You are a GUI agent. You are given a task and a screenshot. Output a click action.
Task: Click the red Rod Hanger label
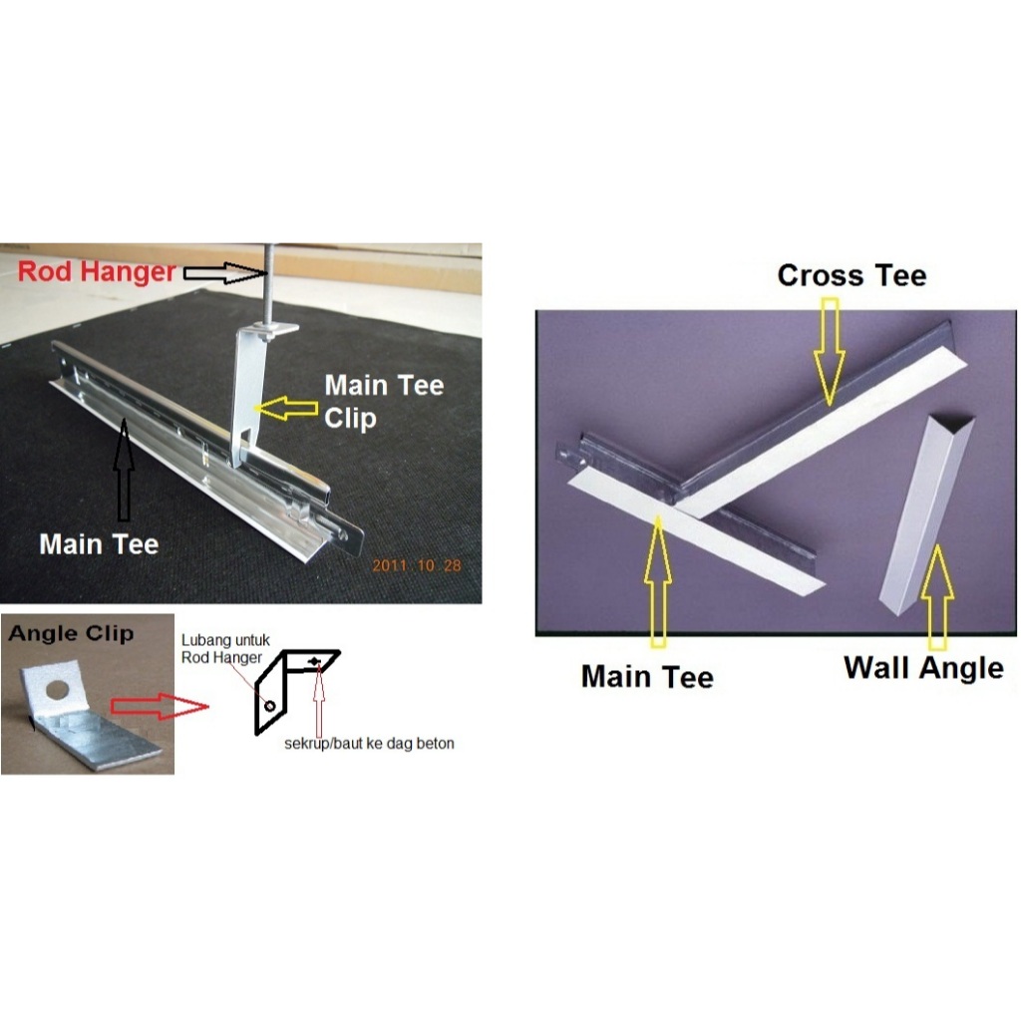[97, 272]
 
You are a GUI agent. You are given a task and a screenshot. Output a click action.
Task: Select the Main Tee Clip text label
[384, 402]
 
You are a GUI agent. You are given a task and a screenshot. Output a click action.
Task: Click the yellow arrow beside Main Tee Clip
[286, 408]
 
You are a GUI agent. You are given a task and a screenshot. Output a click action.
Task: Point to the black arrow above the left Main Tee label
[124, 470]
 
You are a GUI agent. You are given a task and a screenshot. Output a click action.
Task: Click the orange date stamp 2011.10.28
[417, 565]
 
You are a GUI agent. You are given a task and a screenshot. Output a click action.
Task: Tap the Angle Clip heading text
[71, 633]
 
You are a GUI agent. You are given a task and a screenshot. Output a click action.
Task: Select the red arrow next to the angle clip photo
[159, 707]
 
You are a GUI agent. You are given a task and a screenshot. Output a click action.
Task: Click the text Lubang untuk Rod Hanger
[224, 649]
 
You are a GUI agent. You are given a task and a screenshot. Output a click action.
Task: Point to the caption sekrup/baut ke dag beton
[369, 744]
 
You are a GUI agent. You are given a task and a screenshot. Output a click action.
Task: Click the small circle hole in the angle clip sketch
[269, 706]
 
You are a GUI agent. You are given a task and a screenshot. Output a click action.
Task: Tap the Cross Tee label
[851, 275]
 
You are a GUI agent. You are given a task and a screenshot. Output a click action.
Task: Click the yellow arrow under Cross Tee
[830, 352]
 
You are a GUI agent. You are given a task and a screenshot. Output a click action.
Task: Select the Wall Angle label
[923, 669]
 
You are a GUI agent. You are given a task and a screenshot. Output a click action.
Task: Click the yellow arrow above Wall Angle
[937, 596]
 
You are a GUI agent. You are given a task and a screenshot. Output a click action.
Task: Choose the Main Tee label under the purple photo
[647, 677]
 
